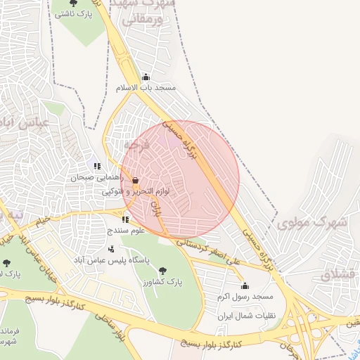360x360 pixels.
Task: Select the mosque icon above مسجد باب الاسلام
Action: [x=146, y=77]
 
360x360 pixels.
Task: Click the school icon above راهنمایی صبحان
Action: [x=97, y=167]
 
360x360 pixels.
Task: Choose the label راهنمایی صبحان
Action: [x=92, y=178]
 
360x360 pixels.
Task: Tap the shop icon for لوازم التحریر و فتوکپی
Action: [x=135, y=180]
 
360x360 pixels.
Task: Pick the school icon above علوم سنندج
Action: [x=126, y=219]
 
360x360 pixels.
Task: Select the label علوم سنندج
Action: [x=125, y=231]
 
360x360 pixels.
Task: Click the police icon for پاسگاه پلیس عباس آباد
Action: [x=111, y=248]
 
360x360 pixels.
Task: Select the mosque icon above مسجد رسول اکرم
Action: [x=245, y=285]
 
